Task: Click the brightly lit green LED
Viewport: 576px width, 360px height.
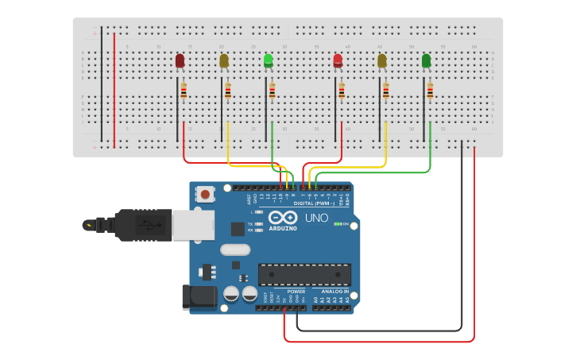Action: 269,60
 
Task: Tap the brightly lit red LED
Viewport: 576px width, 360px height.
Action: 338,60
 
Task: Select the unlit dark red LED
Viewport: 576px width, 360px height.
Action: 180,60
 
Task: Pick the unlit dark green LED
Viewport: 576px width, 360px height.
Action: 427,60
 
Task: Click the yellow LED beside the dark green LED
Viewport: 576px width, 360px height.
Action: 382,60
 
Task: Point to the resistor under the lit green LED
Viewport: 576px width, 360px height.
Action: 272,91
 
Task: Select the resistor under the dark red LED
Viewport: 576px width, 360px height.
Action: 184,91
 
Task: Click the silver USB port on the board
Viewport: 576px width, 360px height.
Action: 193,225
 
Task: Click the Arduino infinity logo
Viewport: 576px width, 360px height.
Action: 283,218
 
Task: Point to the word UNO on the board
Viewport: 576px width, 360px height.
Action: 316,218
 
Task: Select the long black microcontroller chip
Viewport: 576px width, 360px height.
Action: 304,274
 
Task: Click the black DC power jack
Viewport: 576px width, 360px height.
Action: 199,296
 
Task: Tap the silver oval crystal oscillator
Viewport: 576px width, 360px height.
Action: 234,250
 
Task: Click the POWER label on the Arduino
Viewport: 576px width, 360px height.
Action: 296,292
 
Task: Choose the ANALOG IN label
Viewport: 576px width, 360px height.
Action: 334,292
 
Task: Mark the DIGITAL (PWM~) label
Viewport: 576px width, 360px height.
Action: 314,203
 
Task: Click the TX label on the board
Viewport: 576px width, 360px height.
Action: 251,224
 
